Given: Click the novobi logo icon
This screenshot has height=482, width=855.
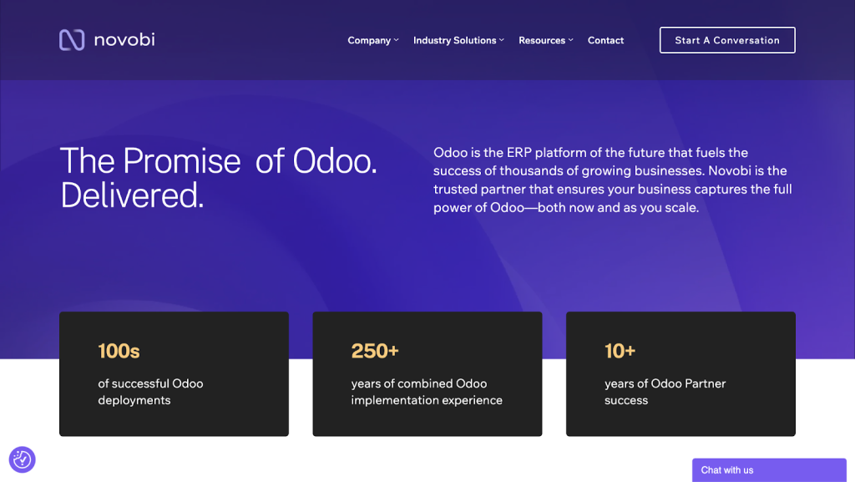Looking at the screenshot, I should click(x=72, y=40).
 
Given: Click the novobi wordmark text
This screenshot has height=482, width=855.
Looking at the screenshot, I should click(x=124, y=39).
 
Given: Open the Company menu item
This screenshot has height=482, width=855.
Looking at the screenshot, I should click(x=369, y=40).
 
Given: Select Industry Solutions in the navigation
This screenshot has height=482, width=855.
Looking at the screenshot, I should click(x=454, y=40).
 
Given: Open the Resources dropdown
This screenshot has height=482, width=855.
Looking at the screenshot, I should click(x=542, y=40).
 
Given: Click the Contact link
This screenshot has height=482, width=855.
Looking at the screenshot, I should click(x=605, y=40).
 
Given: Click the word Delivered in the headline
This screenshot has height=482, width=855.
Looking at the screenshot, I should click(x=132, y=195).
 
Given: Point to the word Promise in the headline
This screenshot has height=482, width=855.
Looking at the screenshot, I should click(x=181, y=160).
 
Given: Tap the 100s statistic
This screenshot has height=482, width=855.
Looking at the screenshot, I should click(x=119, y=351).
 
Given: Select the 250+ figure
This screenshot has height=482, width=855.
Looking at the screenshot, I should click(x=375, y=351).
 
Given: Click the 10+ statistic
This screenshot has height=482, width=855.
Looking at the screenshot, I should click(x=620, y=351).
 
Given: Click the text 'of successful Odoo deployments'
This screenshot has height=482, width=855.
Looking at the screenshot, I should click(x=150, y=392).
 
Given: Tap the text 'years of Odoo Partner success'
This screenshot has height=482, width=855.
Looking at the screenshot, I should click(x=665, y=392).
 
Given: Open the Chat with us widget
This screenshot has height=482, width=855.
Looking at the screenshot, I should click(x=768, y=470).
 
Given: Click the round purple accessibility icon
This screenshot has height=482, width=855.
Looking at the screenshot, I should click(x=22, y=459).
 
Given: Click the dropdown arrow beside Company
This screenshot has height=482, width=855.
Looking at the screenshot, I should click(x=397, y=40).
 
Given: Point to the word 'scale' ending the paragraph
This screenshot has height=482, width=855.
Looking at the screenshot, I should click(x=680, y=208).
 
